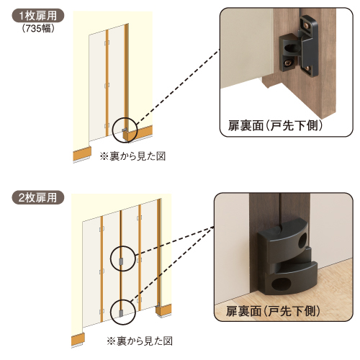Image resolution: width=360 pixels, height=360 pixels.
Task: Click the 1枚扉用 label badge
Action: click(x=38, y=16)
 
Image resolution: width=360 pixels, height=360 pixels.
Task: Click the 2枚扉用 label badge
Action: click(x=38, y=197)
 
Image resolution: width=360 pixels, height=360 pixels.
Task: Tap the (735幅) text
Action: click(x=38, y=29)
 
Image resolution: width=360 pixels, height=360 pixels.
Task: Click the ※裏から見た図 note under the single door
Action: click(x=132, y=156)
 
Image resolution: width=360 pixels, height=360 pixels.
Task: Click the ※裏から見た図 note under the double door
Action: click(x=140, y=341)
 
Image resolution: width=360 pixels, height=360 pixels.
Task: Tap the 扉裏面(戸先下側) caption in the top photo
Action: click(x=275, y=125)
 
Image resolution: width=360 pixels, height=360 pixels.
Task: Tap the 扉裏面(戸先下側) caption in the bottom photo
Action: click(x=273, y=311)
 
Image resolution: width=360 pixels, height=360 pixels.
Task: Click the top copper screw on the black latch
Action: click(x=306, y=26)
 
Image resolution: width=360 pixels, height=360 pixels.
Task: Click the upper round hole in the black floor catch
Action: click(x=302, y=241)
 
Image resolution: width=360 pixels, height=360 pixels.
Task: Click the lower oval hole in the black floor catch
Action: click(x=281, y=285)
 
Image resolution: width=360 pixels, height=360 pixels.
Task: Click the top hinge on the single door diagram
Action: click(x=107, y=43)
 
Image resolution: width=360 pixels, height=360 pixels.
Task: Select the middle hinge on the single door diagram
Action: click(x=107, y=86)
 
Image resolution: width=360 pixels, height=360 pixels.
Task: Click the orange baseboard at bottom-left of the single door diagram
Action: click(x=82, y=153)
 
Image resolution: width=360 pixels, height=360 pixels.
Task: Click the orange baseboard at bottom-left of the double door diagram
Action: click(x=78, y=339)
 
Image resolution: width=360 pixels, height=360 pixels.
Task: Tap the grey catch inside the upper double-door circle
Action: click(x=121, y=261)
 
